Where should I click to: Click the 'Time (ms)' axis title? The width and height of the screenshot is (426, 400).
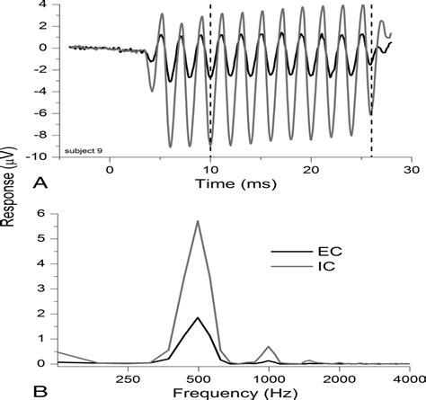235,183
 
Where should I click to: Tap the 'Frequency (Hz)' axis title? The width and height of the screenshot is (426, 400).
234,391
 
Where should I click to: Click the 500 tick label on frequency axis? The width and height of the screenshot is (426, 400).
198,378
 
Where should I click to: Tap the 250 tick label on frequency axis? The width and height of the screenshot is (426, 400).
126,378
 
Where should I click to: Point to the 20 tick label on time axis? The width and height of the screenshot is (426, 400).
310,169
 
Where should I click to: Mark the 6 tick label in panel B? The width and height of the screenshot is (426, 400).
42,212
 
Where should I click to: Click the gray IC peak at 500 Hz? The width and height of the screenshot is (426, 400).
198,222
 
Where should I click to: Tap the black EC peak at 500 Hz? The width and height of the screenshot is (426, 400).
198,317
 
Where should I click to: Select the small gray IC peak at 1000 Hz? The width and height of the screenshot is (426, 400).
268,346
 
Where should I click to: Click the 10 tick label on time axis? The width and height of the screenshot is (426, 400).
210,169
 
